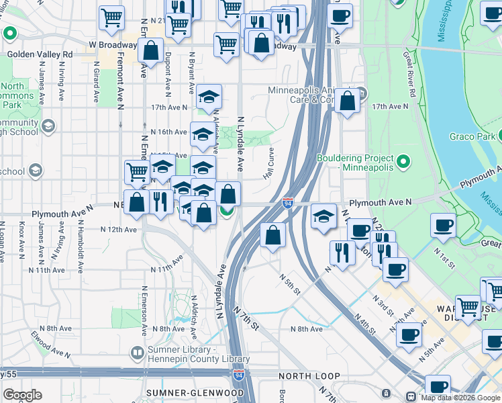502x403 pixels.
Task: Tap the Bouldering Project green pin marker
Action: coord(403,162)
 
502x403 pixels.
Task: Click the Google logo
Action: coord(22,395)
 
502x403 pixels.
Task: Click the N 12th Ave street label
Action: coord(119,229)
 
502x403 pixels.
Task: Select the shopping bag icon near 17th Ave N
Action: coord(348,101)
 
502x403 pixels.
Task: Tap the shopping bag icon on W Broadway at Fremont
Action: coord(152,50)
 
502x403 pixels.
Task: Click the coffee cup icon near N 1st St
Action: coord(443,225)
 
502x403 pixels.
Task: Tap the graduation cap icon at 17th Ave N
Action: coord(209,97)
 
